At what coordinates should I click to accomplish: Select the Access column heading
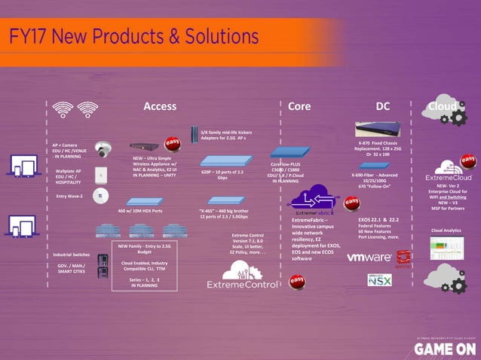160,107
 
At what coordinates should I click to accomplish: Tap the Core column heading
299,107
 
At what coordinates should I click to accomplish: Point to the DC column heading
383,107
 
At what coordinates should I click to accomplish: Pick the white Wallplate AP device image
98,175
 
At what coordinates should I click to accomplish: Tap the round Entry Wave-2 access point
97,196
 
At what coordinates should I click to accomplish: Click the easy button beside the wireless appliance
173,143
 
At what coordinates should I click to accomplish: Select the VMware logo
369,258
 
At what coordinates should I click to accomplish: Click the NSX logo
379,279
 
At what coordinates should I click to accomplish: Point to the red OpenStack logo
404,257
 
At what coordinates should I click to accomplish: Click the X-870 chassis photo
378,129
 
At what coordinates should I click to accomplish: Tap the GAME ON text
444,348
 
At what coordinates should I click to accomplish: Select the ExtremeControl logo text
243,284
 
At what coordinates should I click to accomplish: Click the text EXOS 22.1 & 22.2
383,218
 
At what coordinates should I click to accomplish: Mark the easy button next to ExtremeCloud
468,161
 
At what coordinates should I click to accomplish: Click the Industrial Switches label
72,255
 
